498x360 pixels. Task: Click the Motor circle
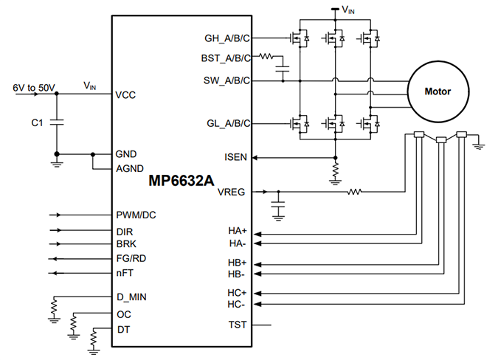438,92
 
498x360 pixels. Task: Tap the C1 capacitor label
32,123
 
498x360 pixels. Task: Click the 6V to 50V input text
34,87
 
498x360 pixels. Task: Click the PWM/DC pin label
136,215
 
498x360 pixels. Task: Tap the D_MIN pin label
131,298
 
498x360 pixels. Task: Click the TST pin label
238,325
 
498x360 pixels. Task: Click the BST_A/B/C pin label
226,57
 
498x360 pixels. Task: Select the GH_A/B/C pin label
226,37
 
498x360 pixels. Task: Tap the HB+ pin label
237,263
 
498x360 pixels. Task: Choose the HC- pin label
237,303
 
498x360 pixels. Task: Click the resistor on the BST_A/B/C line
266,56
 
